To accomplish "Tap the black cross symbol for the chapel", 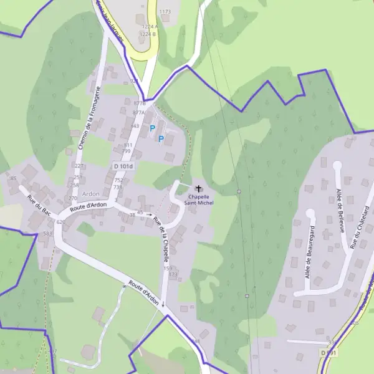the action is (199, 188).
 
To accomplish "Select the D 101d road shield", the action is (125, 167).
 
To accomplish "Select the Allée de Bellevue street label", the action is (340, 210).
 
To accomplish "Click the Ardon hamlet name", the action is (91, 194).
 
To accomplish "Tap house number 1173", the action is (165, 12).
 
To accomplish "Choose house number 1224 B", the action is (148, 34).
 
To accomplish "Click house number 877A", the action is (138, 113).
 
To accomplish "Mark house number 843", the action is (135, 126).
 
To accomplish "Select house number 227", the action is (79, 166).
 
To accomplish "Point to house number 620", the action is (60, 222).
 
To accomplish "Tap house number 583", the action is (48, 233).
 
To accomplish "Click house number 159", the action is (168, 268).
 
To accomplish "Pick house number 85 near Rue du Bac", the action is (14, 179).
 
